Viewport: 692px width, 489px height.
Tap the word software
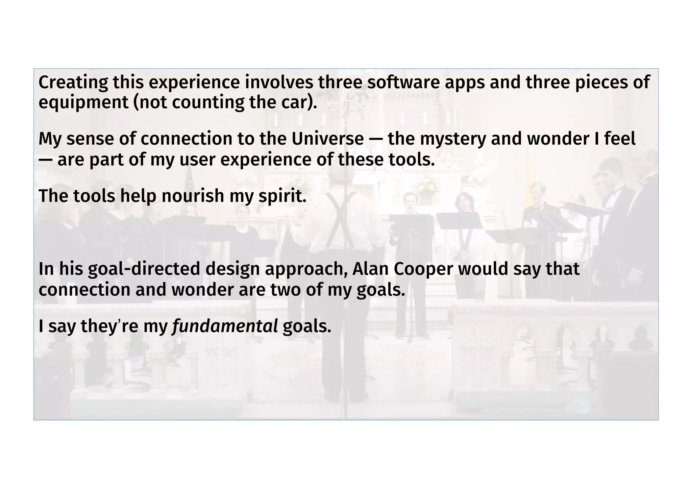[403, 82]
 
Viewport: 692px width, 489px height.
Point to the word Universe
[327, 139]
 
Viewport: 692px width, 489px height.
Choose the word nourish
[193, 196]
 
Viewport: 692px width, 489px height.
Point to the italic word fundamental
[225, 326]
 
